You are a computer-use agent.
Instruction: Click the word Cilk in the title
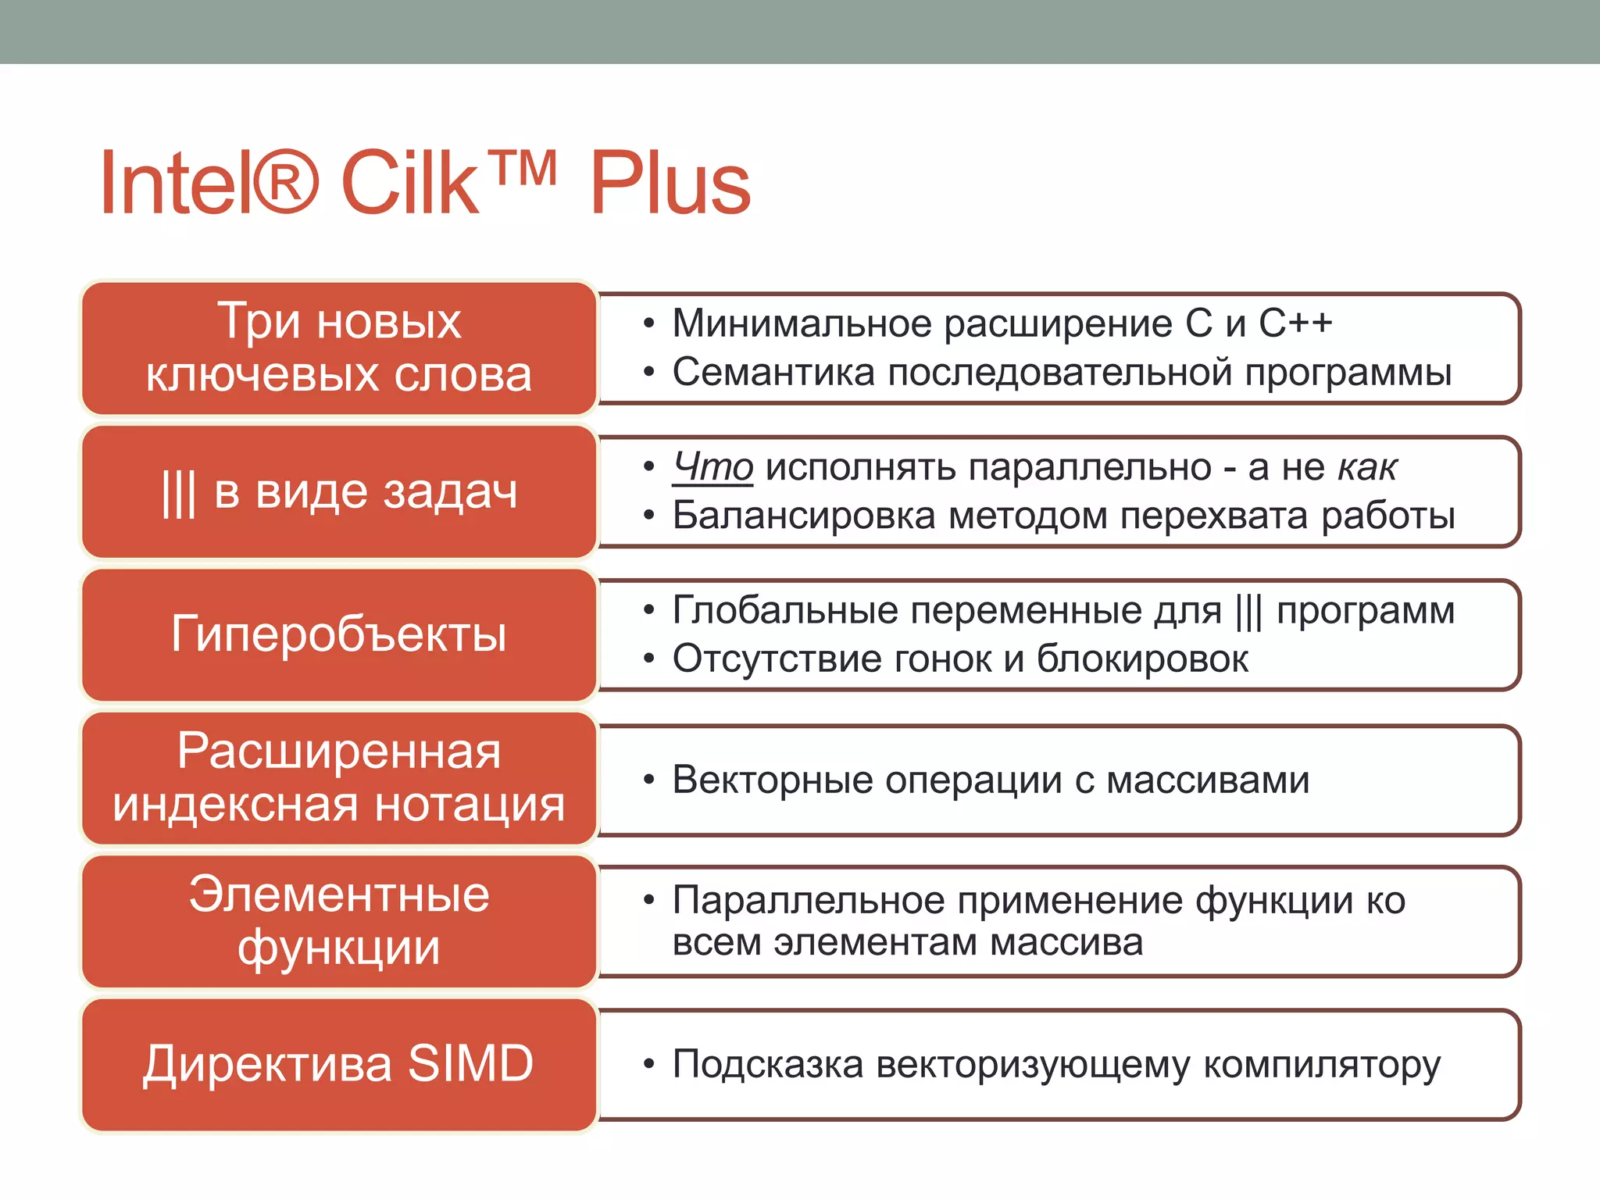tap(409, 184)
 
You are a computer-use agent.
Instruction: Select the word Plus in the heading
tap(670, 184)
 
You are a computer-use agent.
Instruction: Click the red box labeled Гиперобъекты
tap(339, 634)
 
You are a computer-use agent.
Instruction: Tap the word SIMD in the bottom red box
tap(471, 1064)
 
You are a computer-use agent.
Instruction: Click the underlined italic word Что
tap(712, 467)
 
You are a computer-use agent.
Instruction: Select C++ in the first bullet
tap(1295, 323)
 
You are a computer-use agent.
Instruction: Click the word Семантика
tap(773, 373)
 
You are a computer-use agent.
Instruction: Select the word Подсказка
tap(767, 1065)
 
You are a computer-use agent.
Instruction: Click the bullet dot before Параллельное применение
tap(648, 901)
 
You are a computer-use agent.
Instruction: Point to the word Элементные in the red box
tap(339, 895)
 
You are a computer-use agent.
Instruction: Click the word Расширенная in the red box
tap(339, 752)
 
